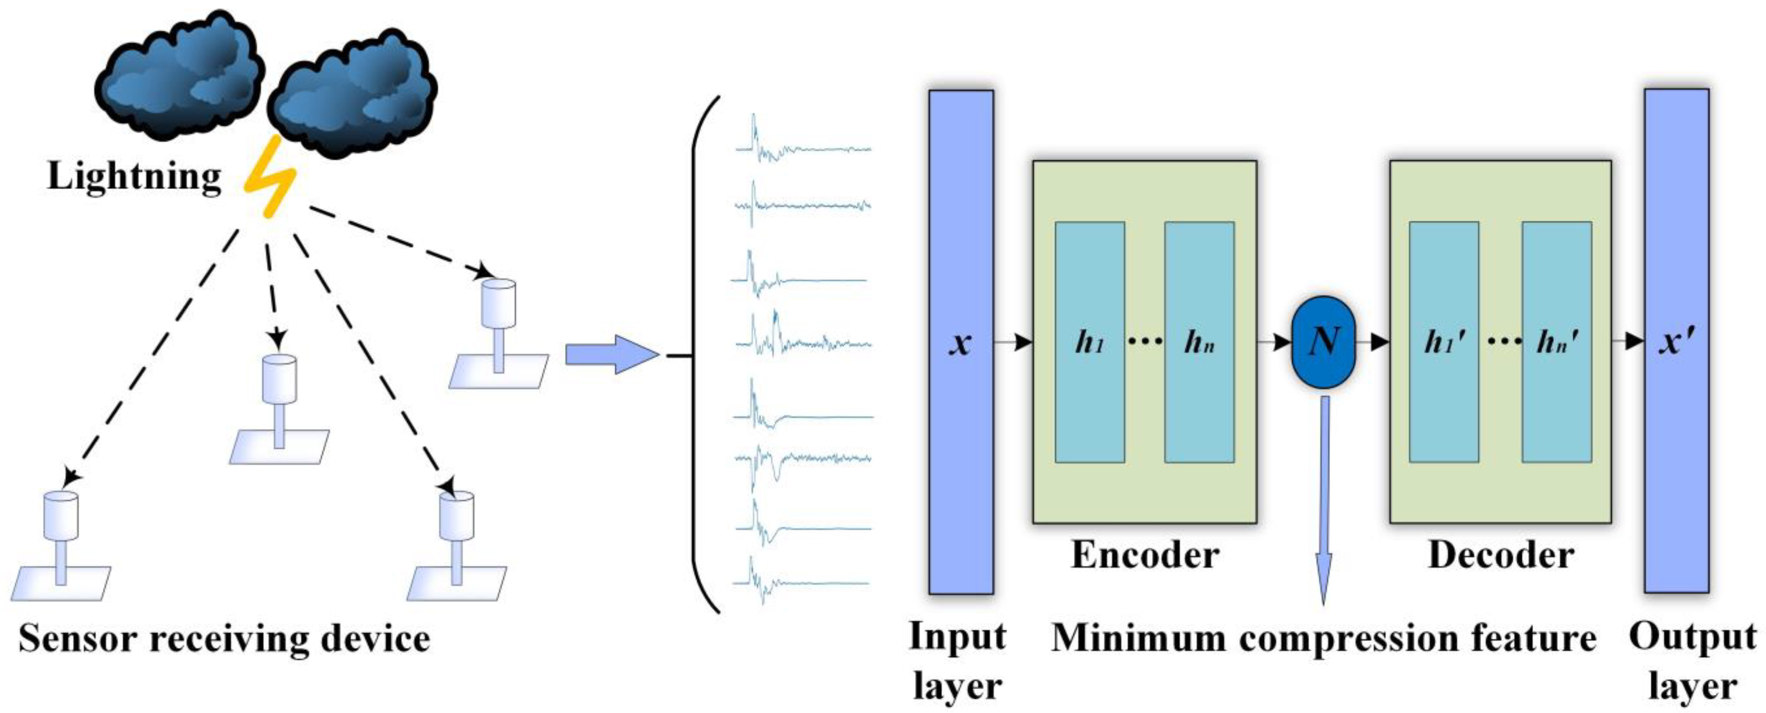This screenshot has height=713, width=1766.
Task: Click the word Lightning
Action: pos(134,176)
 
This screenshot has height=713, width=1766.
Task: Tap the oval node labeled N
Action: pos(1323,341)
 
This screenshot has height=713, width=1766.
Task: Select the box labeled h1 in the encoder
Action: pos(1089,341)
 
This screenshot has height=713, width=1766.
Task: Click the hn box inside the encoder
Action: pos(1199,341)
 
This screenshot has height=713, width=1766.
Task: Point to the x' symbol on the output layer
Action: pos(1676,341)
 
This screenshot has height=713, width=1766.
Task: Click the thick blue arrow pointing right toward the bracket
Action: pos(610,354)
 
